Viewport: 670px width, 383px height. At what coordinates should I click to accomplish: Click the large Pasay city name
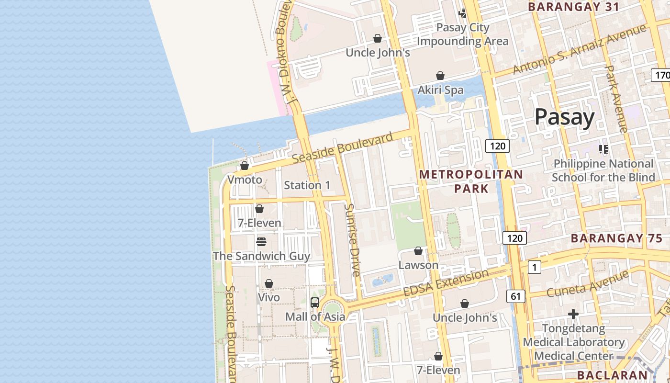(564, 117)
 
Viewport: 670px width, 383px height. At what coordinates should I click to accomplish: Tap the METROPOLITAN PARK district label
(471, 181)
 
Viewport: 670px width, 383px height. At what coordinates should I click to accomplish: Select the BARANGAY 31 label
(573, 7)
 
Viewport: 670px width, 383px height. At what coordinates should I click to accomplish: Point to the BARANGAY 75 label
(616, 238)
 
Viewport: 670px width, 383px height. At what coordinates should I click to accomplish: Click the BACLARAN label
(612, 375)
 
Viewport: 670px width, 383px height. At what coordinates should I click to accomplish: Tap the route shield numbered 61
(515, 296)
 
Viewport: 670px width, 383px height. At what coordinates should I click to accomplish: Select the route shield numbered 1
(534, 267)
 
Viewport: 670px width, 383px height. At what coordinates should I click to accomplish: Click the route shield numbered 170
(661, 75)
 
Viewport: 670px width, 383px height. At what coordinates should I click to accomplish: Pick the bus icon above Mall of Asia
(314, 302)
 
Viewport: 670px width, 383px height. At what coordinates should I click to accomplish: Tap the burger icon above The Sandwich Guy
(261, 242)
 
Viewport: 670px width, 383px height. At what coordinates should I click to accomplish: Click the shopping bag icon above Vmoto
(245, 166)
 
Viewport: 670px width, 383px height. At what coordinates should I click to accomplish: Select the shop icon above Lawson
(418, 251)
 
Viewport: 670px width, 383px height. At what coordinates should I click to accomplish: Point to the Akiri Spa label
(440, 90)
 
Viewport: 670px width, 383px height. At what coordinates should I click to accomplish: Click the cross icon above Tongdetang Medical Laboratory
(573, 315)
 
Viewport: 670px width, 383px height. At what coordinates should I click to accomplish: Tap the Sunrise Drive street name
(353, 240)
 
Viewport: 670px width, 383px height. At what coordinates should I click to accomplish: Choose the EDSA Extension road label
(446, 283)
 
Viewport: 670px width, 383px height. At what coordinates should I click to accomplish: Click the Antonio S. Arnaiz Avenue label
(579, 49)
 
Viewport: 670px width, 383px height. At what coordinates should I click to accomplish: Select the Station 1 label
(307, 185)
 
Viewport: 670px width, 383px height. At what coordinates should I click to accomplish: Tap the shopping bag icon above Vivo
(268, 283)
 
